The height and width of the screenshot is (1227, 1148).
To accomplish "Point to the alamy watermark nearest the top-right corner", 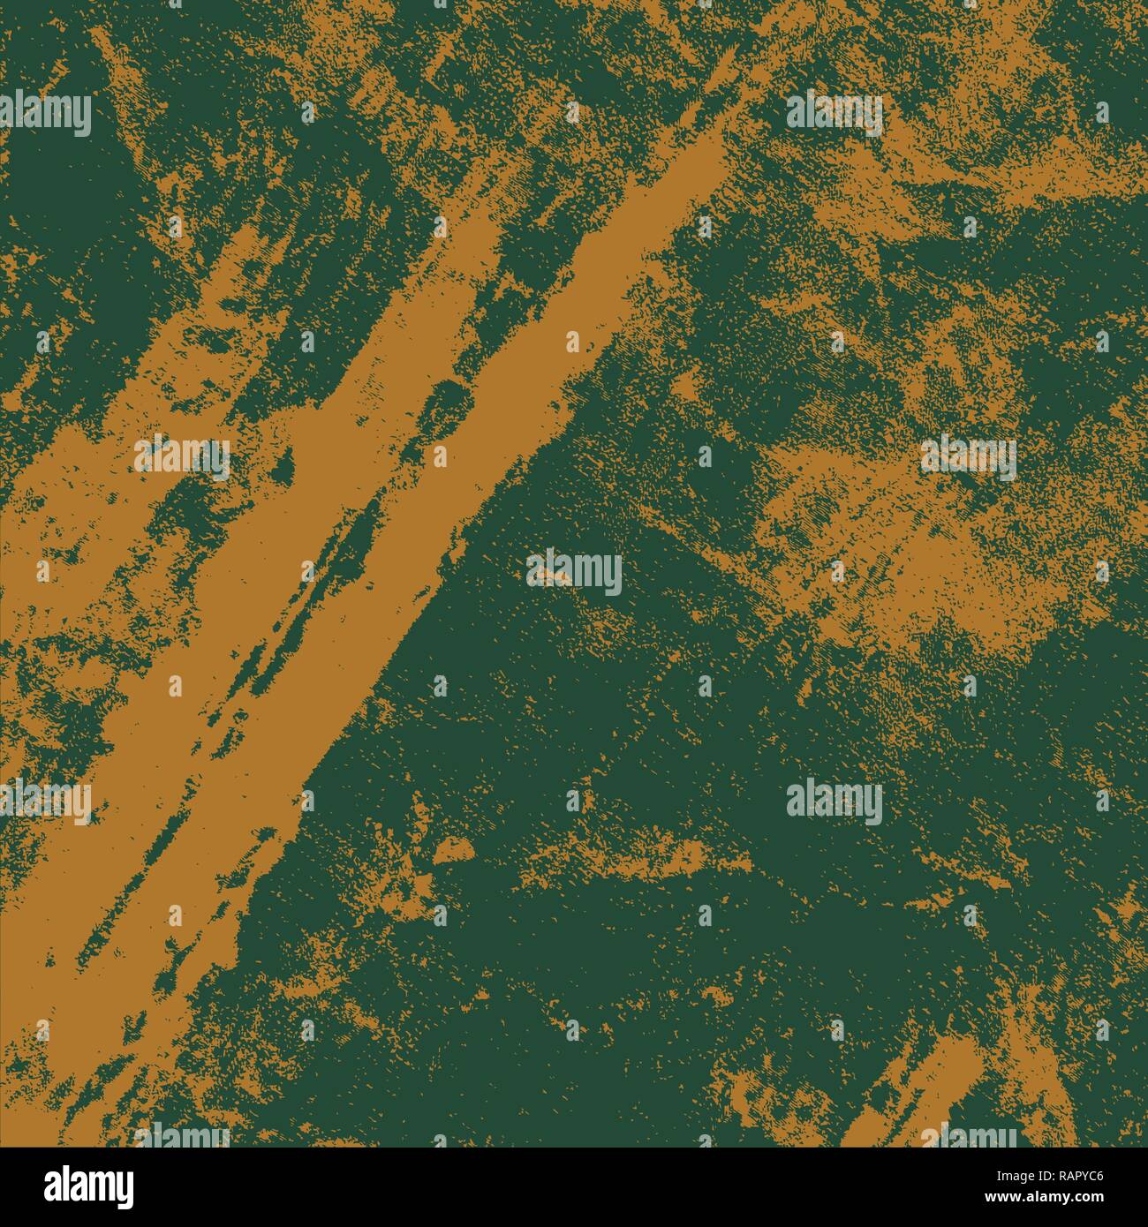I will click(835, 116).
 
